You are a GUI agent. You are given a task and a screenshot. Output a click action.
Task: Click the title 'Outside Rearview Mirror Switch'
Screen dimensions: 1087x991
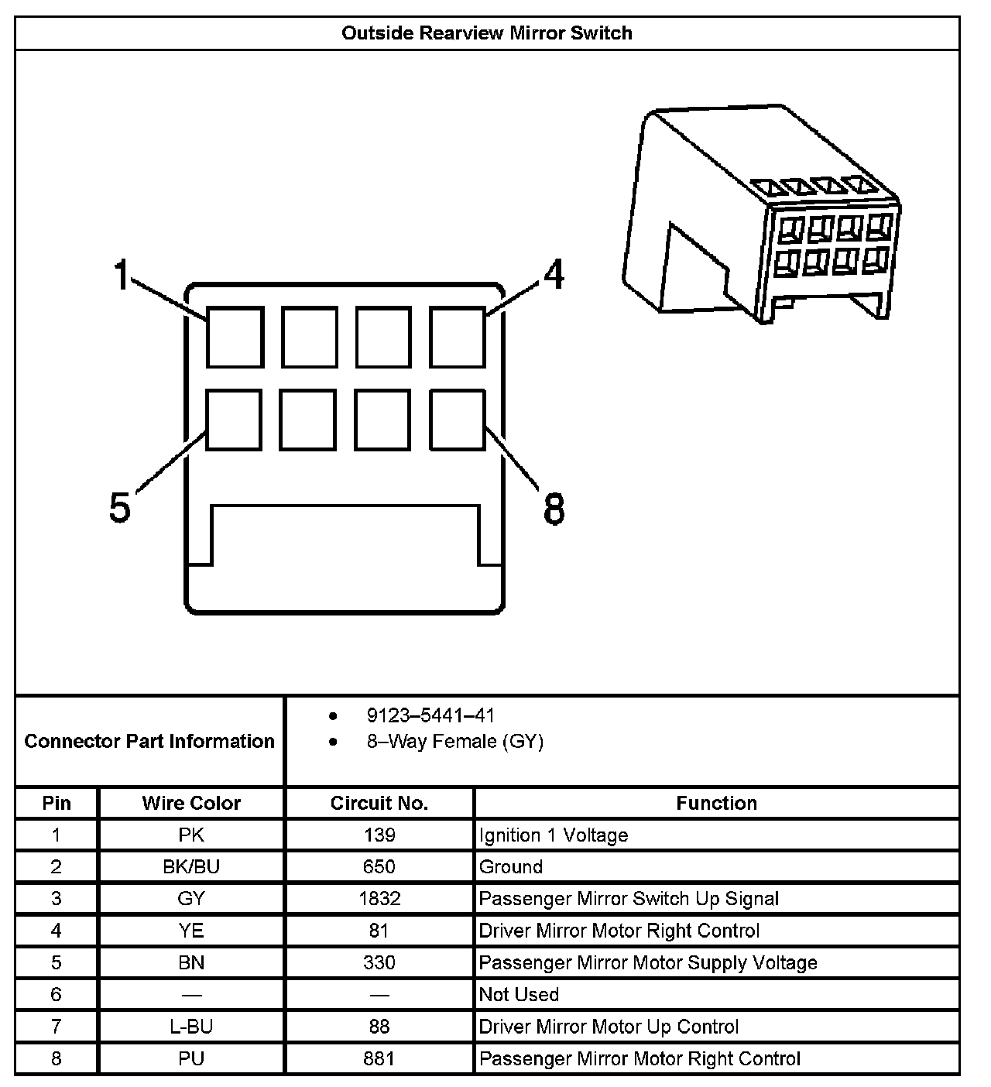(486, 33)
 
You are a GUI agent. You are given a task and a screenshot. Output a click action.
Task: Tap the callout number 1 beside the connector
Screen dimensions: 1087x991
(122, 275)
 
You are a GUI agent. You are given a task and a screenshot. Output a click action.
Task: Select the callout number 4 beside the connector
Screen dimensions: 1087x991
(553, 275)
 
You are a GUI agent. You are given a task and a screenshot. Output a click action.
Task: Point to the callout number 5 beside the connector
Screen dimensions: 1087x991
(120, 509)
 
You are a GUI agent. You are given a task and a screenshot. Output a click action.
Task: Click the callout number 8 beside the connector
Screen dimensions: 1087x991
(554, 510)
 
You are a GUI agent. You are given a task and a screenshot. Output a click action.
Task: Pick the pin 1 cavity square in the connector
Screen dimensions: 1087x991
(235, 337)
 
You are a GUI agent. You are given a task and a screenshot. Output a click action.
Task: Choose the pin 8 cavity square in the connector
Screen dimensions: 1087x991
(458, 419)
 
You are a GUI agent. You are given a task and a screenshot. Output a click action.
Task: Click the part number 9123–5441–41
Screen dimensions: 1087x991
(430, 715)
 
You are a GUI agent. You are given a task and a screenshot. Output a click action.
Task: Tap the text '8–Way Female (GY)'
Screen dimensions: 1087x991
(455, 742)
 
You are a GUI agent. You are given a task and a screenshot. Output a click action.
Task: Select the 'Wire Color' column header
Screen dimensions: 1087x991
(191, 803)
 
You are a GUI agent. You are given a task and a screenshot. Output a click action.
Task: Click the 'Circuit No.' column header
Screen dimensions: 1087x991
(379, 803)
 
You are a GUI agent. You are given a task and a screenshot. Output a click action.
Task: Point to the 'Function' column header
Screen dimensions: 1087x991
(716, 803)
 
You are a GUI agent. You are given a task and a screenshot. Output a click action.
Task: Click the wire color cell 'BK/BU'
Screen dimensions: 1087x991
(191, 867)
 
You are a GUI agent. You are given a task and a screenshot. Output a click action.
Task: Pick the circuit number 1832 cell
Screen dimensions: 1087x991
(379, 899)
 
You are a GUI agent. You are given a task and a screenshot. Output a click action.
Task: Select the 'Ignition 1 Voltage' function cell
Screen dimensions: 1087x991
(554, 835)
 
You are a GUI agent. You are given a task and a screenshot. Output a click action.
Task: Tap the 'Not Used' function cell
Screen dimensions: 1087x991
(519, 995)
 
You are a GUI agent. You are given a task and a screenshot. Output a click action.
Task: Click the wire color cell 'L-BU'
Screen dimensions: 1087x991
(191, 1027)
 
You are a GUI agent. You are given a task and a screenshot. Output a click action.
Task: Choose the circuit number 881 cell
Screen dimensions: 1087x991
(379, 1058)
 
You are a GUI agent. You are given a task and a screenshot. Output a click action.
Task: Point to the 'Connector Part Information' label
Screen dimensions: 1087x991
(149, 742)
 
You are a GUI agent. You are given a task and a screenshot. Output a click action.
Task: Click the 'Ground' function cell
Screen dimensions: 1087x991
(511, 867)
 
